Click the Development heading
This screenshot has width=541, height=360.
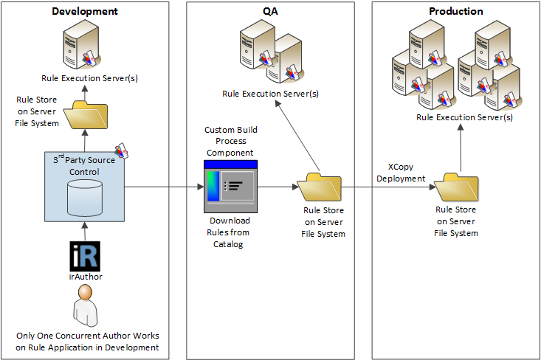point(84,11)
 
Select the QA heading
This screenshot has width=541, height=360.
point(271,11)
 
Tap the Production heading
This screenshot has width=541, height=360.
point(455,11)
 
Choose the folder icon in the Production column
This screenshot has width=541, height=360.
point(457,187)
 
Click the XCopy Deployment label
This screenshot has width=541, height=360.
point(401,173)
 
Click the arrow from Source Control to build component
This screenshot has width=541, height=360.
point(162,187)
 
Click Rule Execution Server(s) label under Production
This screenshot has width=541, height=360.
point(464,117)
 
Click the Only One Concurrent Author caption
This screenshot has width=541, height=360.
point(88,342)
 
